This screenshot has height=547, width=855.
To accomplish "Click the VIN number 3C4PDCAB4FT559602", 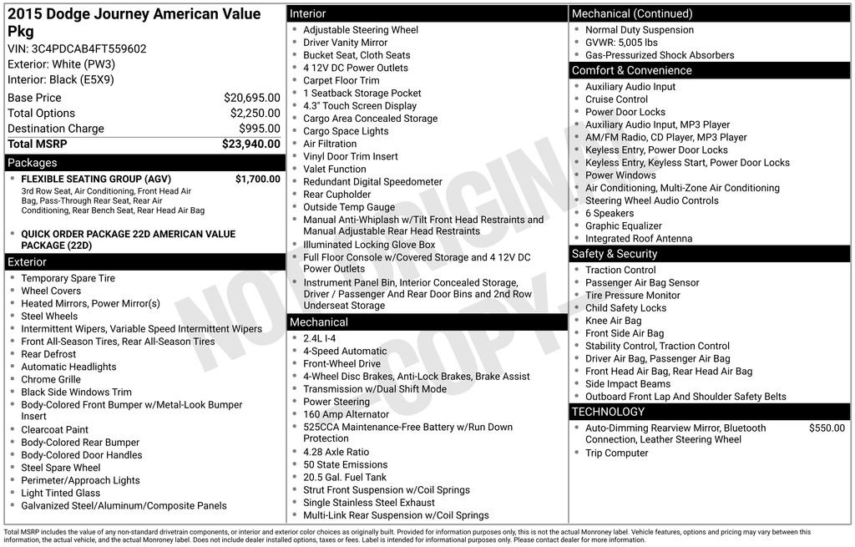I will (x=89, y=48).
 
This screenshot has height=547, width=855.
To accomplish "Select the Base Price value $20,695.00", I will (x=251, y=98).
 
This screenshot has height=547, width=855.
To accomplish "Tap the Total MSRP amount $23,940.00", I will (x=250, y=144).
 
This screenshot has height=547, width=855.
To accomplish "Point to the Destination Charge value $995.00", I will (x=260, y=129).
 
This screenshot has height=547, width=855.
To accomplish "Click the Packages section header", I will (x=33, y=163).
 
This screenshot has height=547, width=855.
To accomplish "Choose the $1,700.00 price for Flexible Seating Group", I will (x=257, y=179).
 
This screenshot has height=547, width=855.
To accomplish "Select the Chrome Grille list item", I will (x=51, y=379).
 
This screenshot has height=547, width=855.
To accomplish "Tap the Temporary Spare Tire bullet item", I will (x=68, y=278).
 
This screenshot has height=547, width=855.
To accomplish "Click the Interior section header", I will (x=308, y=13).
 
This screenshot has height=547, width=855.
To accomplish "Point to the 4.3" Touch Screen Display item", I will (x=359, y=106).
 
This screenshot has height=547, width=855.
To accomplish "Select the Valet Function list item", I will (x=334, y=169).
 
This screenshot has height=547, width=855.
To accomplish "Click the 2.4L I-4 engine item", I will (x=319, y=338).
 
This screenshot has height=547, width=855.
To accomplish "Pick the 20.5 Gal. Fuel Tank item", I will (x=345, y=477).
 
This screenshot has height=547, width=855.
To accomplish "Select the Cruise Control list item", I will (x=616, y=99).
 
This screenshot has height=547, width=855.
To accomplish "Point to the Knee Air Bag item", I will (x=613, y=321).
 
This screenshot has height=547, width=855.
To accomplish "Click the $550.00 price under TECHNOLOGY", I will (x=827, y=428).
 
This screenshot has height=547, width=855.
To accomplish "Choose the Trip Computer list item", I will (x=616, y=453).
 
